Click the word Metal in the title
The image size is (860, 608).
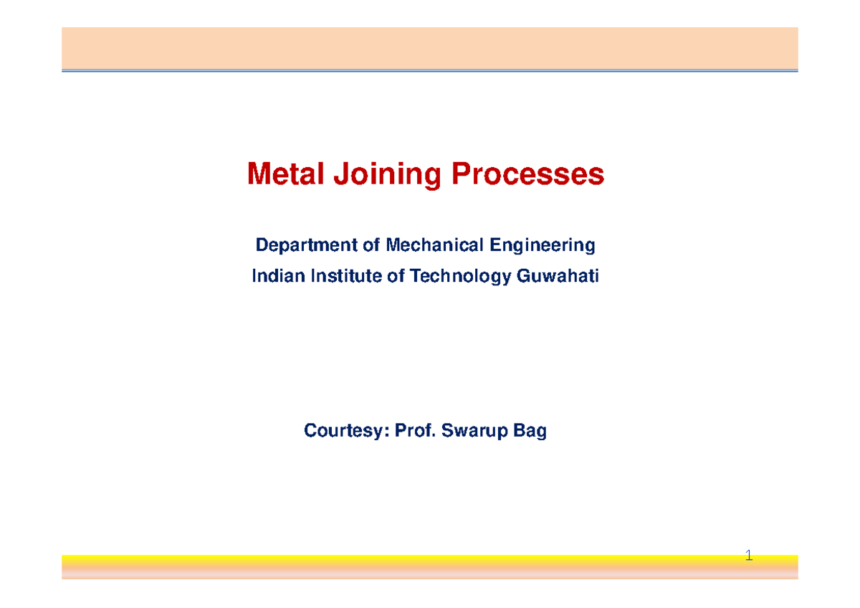(x=280, y=174)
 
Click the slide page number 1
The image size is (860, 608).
(x=749, y=556)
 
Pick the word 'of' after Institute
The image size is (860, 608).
(x=396, y=277)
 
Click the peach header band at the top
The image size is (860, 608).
(x=430, y=47)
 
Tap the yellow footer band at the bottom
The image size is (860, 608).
(x=430, y=566)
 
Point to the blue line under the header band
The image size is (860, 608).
(x=430, y=70)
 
